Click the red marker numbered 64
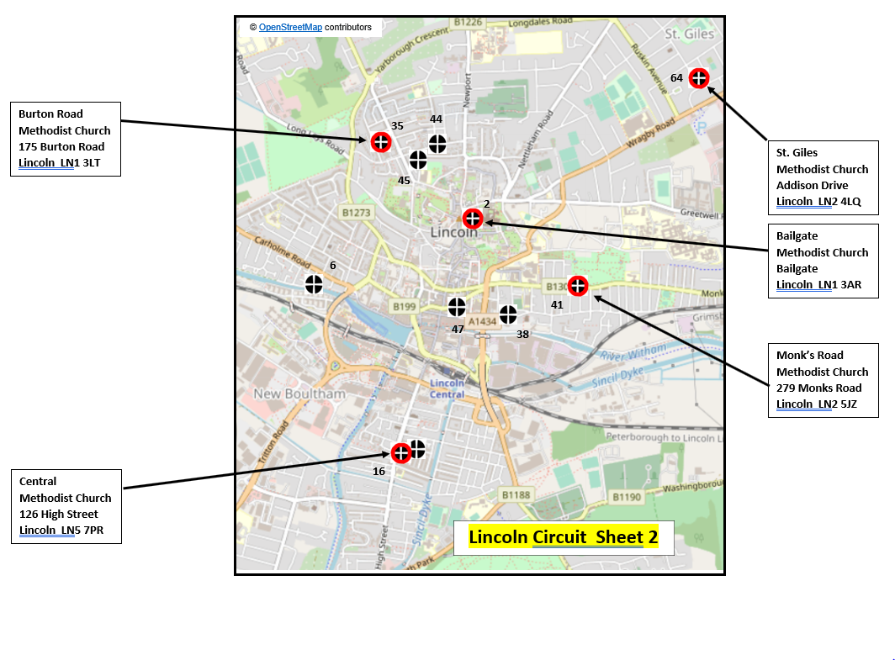698,78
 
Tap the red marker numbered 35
381,142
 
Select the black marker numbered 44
437,144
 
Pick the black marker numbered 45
418,160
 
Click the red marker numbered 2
473,219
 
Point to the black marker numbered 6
314,284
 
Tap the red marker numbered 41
577,286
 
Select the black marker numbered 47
457,307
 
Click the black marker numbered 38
507,314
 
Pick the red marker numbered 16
401,452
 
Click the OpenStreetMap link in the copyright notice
290,28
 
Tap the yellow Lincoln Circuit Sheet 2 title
563,537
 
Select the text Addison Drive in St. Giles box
812,186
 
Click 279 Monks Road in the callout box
818,388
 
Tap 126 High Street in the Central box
58,514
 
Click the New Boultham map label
299,393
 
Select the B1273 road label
356,213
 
